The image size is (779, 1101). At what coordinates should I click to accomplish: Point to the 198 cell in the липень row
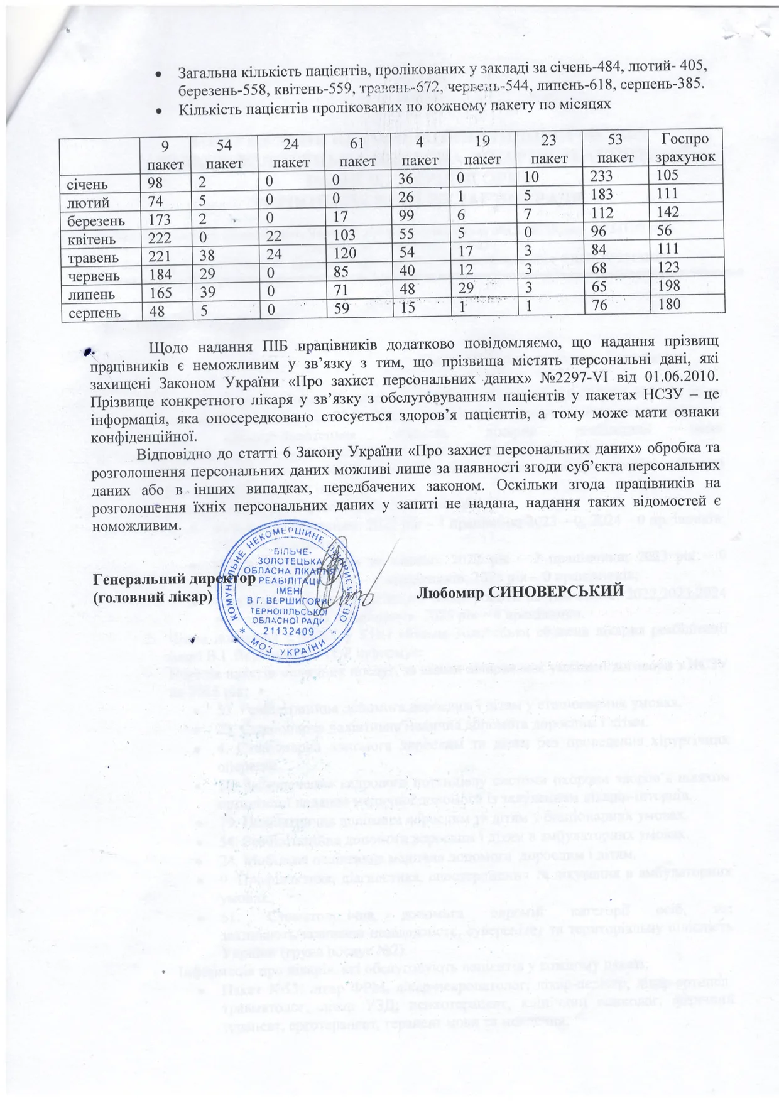pyautogui.click(x=670, y=293)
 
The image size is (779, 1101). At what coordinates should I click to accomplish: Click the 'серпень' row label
pyautogui.click(x=90, y=312)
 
